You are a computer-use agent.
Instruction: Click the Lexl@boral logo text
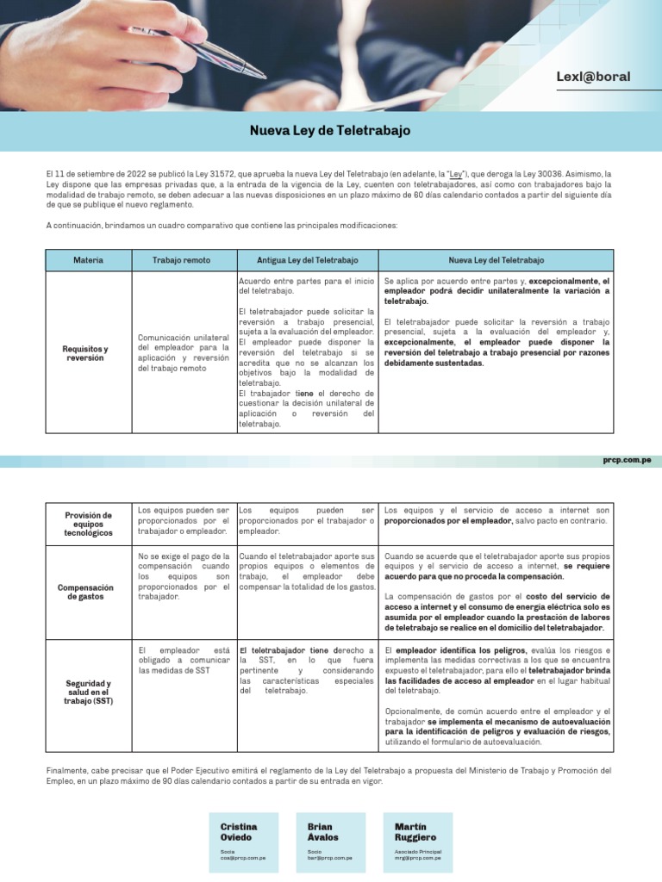(x=593, y=77)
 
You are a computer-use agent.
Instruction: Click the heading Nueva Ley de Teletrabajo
(x=330, y=131)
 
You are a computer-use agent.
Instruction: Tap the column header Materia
(x=88, y=260)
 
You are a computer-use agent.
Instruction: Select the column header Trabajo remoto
(x=183, y=260)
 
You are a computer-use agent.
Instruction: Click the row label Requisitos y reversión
(x=85, y=352)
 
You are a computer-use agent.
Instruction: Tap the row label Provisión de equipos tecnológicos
(x=88, y=523)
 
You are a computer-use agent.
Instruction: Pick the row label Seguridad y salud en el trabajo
(x=88, y=692)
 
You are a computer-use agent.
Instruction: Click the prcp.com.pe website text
(x=627, y=462)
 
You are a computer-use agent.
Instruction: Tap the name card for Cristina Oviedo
(x=243, y=842)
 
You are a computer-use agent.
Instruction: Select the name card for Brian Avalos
(x=330, y=842)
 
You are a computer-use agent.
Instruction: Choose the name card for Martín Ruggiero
(x=417, y=842)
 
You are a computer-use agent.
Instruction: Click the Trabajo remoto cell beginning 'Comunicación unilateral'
(x=183, y=352)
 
